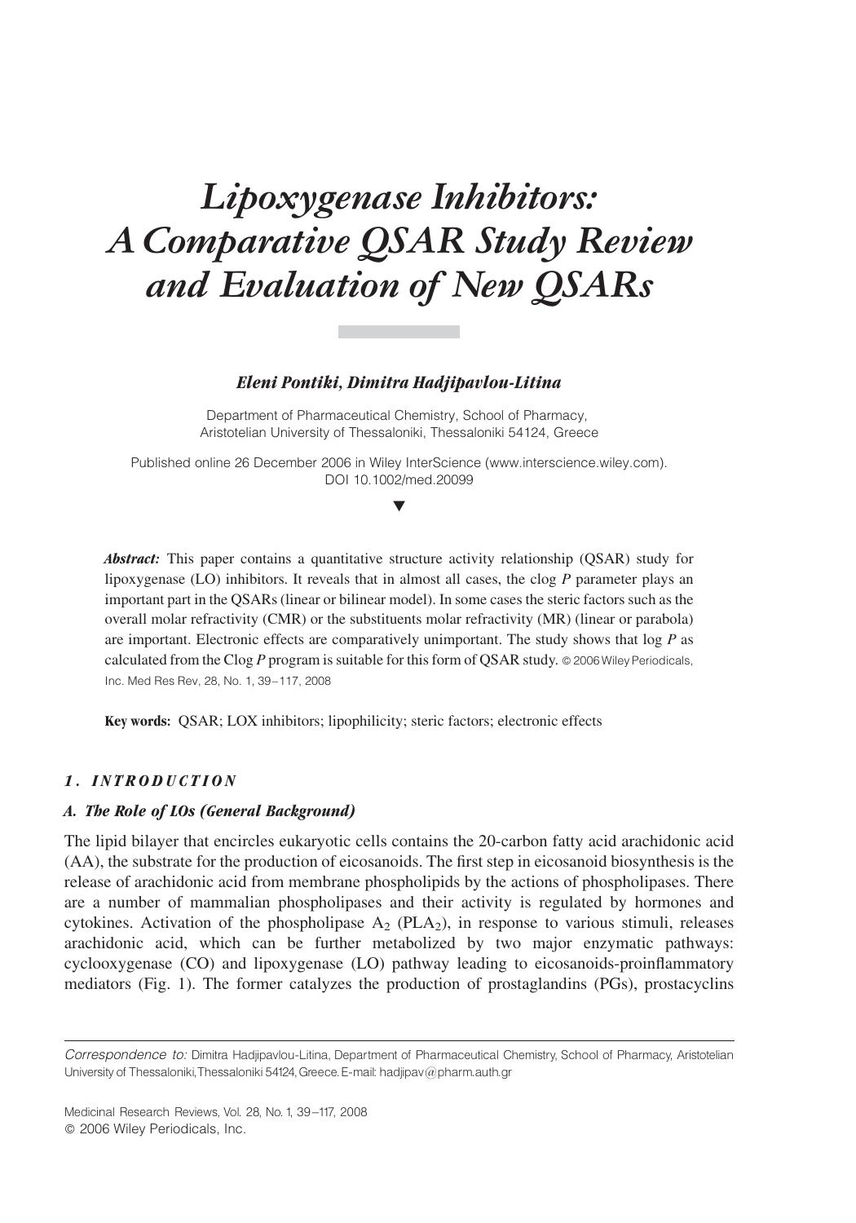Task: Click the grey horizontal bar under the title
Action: [399, 332]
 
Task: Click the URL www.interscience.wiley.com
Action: [576, 462]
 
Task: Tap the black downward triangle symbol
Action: [399, 506]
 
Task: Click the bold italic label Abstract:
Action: [131, 559]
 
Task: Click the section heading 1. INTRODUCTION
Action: [151, 781]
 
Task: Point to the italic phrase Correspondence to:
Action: [126, 1055]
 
